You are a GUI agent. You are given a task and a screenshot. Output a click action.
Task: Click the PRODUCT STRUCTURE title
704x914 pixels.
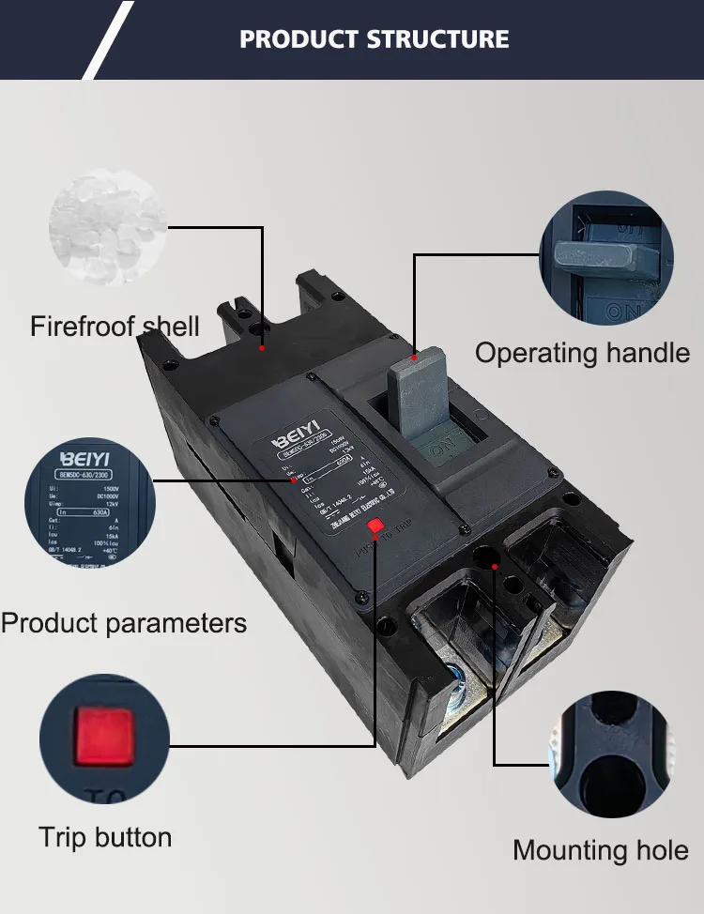tap(374, 39)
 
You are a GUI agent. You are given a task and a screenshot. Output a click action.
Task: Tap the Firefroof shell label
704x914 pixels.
tap(115, 327)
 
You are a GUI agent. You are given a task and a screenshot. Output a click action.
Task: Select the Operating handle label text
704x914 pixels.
tap(582, 353)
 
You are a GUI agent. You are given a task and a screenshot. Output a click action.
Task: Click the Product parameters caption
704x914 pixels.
tap(124, 623)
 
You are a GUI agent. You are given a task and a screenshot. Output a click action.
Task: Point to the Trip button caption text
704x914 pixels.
tap(105, 837)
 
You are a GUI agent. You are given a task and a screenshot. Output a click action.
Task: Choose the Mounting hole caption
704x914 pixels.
tap(601, 851)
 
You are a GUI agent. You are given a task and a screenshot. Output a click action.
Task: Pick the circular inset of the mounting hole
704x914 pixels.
tap(611, 754)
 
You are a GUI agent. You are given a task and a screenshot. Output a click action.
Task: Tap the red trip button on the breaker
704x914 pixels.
tap(375, 527)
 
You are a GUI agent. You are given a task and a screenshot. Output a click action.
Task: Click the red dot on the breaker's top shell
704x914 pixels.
tap(262, 348)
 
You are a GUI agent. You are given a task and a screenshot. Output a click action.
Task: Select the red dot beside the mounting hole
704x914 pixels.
tap(495, 566)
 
